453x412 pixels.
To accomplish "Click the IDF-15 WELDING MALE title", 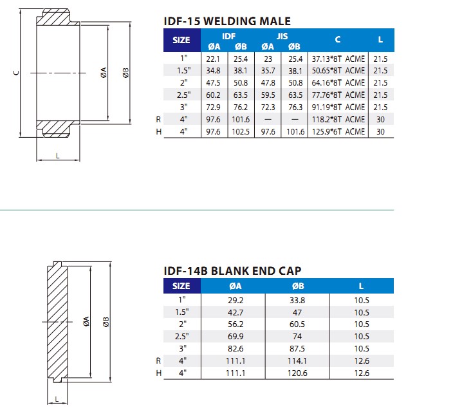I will point(228,21).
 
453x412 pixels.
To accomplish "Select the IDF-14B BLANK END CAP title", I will point(233,270).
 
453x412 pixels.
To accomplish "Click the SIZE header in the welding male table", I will point(181,40).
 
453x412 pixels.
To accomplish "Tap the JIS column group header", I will point(282,36).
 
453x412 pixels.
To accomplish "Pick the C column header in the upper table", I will point(338,40).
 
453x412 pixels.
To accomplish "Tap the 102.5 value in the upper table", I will point(241,131).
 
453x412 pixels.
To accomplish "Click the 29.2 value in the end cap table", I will point(236,299).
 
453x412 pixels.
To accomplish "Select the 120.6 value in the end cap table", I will point(297,373).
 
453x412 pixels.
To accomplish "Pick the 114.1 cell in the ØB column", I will point(297,360).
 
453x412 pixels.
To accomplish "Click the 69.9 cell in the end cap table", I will point(236,336).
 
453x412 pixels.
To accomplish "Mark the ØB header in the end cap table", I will point(297,286).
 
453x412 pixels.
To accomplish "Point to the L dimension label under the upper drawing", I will point(57,154).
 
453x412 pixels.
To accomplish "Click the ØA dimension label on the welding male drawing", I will point(104,73).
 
